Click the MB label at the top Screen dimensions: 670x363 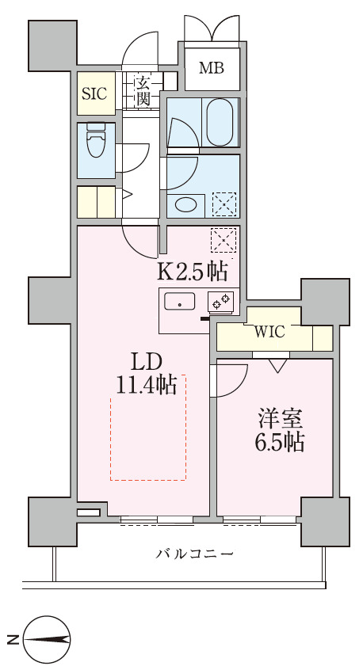coord(211,68)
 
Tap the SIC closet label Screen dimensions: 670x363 coord(94,93)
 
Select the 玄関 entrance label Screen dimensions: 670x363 coord(143,90)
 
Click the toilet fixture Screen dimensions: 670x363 coord(96,147)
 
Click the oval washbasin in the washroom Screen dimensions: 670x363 coord(185,204)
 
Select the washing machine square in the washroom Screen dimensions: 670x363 coord(224,204)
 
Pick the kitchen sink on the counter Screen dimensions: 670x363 coord(180,302)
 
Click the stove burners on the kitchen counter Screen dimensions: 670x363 coord(220,302)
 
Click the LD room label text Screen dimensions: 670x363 coord(147,362)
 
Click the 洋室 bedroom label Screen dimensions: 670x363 coord(279,419)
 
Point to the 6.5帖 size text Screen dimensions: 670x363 coord(279,442)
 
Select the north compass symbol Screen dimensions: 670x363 coord(48,638)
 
